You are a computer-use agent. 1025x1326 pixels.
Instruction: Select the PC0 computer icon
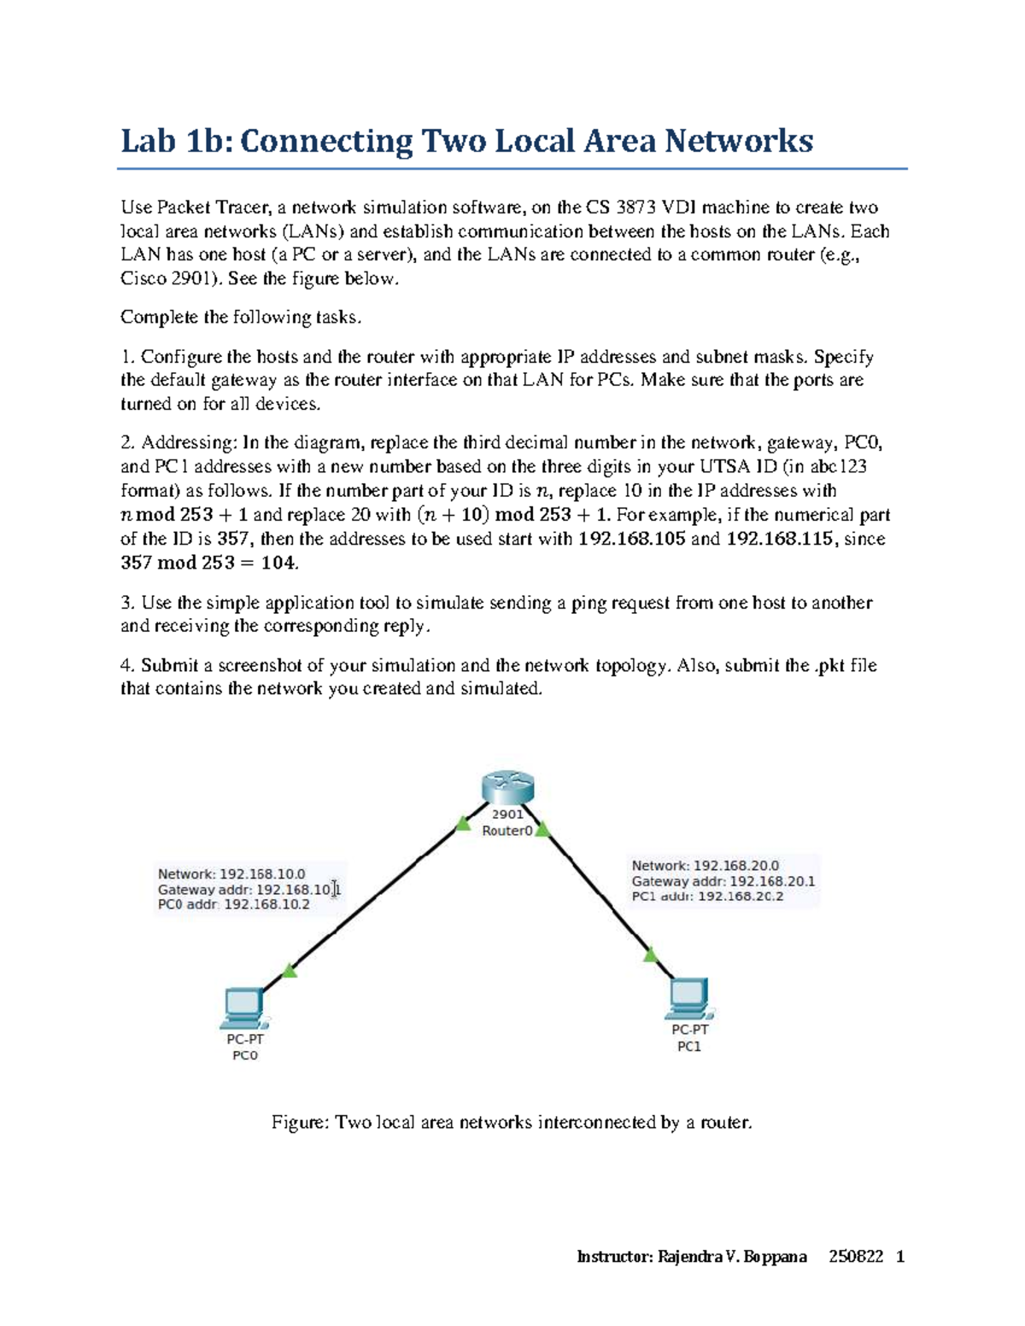click(x=243, y=1008)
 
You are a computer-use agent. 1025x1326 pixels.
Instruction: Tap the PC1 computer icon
click(x=688, y=998)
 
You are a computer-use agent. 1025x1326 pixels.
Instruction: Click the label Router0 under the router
click(x=507, y=831)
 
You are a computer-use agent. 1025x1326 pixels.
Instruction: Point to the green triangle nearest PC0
click(x=290, y=971)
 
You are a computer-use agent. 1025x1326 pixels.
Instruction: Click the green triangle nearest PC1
click(x=651, y=954)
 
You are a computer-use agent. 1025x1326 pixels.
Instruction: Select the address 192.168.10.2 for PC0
click(x=266, y=905)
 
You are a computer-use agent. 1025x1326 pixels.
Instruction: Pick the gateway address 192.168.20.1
click(x=772, y=881)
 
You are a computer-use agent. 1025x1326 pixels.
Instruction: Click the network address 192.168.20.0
click(x=735, y=866)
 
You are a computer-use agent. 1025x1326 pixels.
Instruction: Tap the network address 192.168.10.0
click(x=262, y=874)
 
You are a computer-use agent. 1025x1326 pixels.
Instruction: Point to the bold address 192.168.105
click(x=631, y=539)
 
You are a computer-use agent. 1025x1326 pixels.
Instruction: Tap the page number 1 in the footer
click(x=899, y=1256)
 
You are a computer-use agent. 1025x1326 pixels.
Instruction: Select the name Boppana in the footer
click(x=775, y=1256)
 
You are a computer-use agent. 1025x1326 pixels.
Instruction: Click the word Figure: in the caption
click(x=300, y=1122)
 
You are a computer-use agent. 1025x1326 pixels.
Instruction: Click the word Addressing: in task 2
click(x=189, y=442)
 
